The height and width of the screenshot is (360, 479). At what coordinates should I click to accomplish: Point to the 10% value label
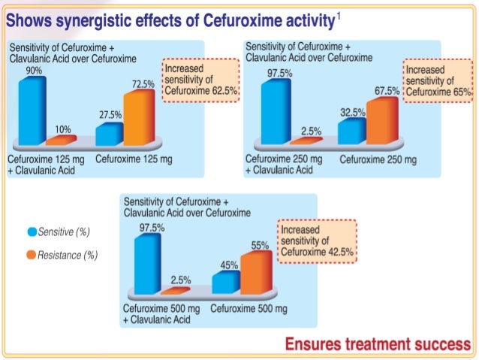62,129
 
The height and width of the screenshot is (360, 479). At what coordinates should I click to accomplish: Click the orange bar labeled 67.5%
380,120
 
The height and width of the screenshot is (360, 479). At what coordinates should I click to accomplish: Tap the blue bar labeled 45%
227,281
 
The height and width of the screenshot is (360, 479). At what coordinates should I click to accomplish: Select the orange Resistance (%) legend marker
32,256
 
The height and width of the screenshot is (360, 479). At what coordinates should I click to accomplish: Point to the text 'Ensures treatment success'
372,345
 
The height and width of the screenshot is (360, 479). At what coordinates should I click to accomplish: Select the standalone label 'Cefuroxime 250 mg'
378,159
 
